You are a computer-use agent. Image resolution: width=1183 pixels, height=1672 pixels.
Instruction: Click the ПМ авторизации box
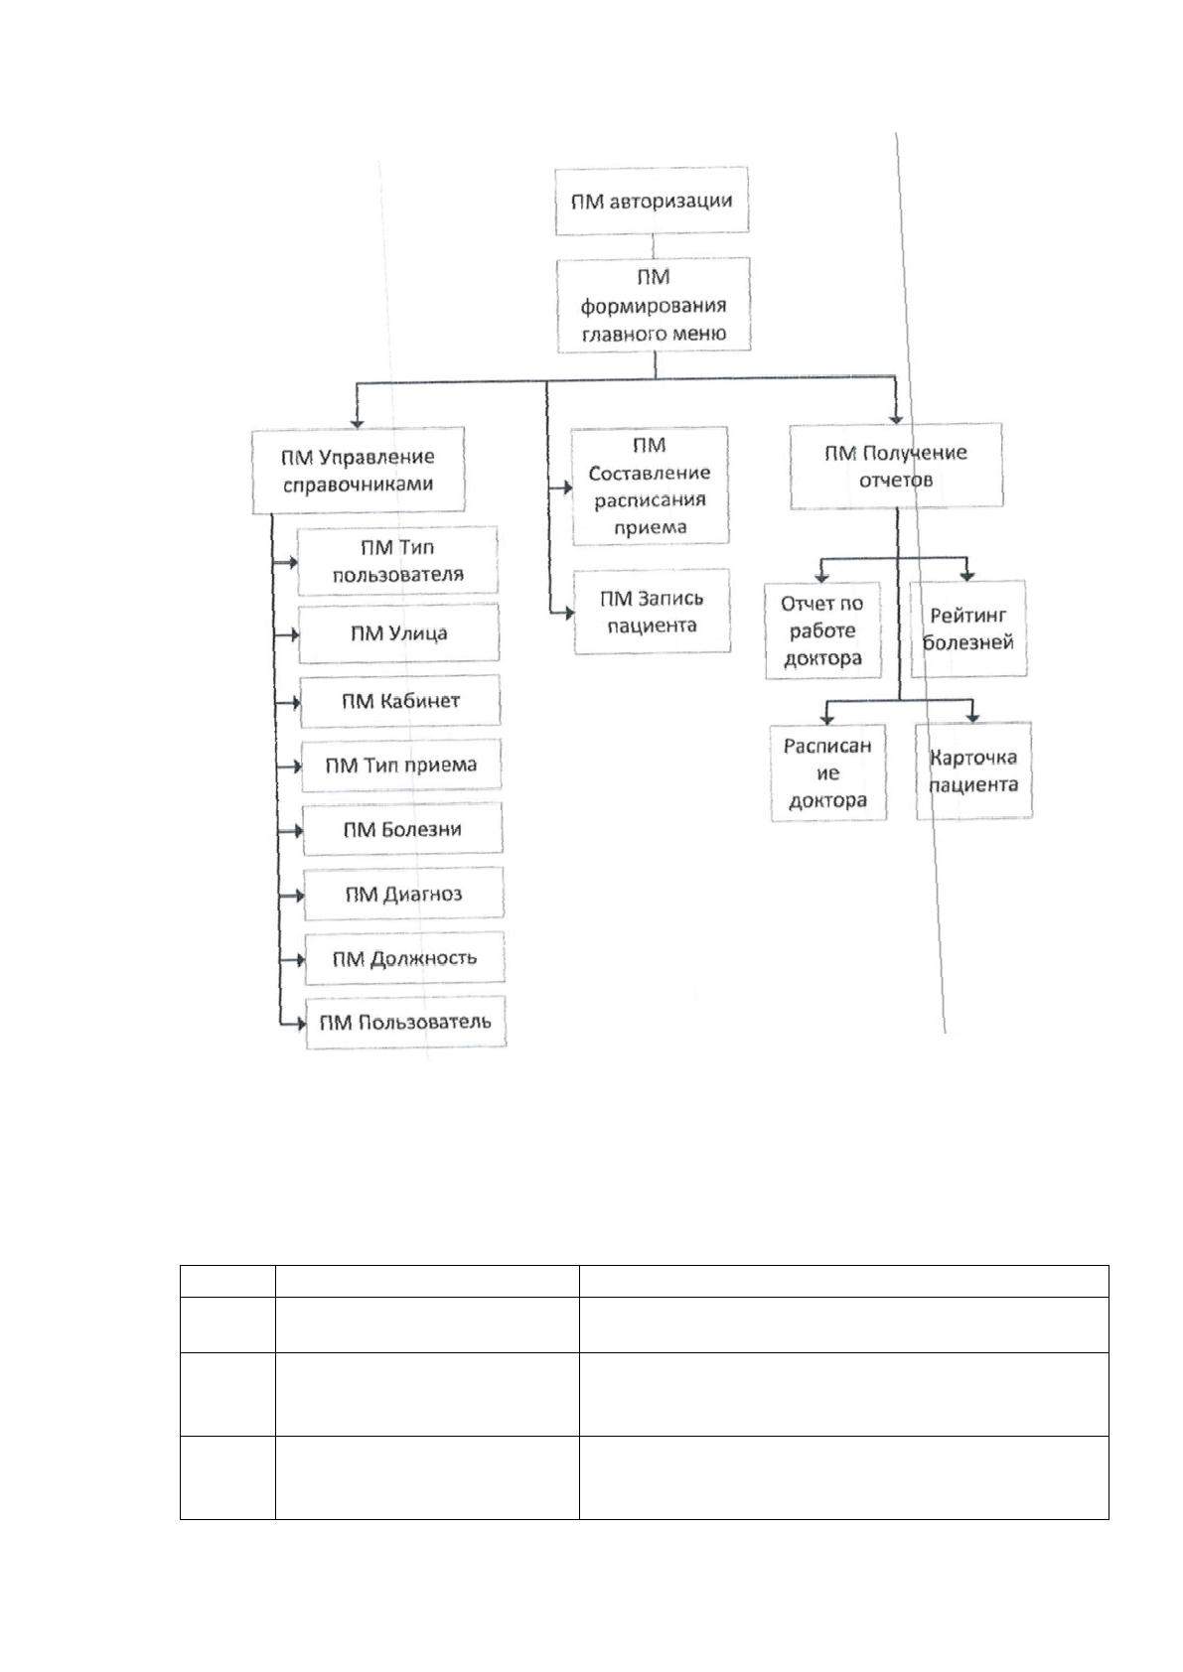tap(652, 201)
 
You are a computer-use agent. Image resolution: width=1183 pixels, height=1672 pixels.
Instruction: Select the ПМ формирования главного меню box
tap(654, 305)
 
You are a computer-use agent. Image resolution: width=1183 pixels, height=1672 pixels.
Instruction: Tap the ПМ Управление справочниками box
tap(358, 471)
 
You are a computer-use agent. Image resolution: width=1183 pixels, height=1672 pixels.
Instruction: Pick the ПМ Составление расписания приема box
tap(650, 486)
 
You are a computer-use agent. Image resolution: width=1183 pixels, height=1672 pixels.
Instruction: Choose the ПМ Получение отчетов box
tap(896, 466)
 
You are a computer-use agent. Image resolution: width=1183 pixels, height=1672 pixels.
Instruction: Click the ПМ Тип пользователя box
tap(397, 561)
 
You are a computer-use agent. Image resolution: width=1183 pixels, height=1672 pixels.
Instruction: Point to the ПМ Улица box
tap(399, 633)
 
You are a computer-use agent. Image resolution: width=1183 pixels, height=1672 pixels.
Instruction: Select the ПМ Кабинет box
tap(400, 701)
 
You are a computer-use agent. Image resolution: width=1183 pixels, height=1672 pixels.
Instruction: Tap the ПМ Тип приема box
tap(401, 766)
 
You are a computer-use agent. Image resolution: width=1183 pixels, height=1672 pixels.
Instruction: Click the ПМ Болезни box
tap(402, 829)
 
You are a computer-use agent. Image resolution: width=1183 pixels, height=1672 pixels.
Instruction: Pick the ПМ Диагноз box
tap(403, 894)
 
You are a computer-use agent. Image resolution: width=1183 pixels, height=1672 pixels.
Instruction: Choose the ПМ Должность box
tap(404, 958)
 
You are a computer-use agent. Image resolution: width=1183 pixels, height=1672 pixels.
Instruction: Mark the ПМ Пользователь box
tap(405, 1022)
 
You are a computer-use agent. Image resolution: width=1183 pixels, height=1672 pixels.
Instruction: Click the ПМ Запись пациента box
tap(652, 612)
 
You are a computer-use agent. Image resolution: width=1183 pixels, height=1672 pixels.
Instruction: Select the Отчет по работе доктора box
tap(823, 630)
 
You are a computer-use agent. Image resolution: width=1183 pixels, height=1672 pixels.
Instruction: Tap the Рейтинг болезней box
tap(967, 628)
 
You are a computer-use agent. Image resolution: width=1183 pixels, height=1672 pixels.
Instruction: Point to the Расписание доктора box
tap(828, 772)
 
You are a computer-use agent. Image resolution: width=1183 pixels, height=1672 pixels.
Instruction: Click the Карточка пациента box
tap(973, 770)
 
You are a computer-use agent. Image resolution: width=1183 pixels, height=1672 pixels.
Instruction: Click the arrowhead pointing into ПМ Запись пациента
tap(569, 614)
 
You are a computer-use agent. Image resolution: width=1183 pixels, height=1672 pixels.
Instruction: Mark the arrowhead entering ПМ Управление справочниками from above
tap(357, 423)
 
